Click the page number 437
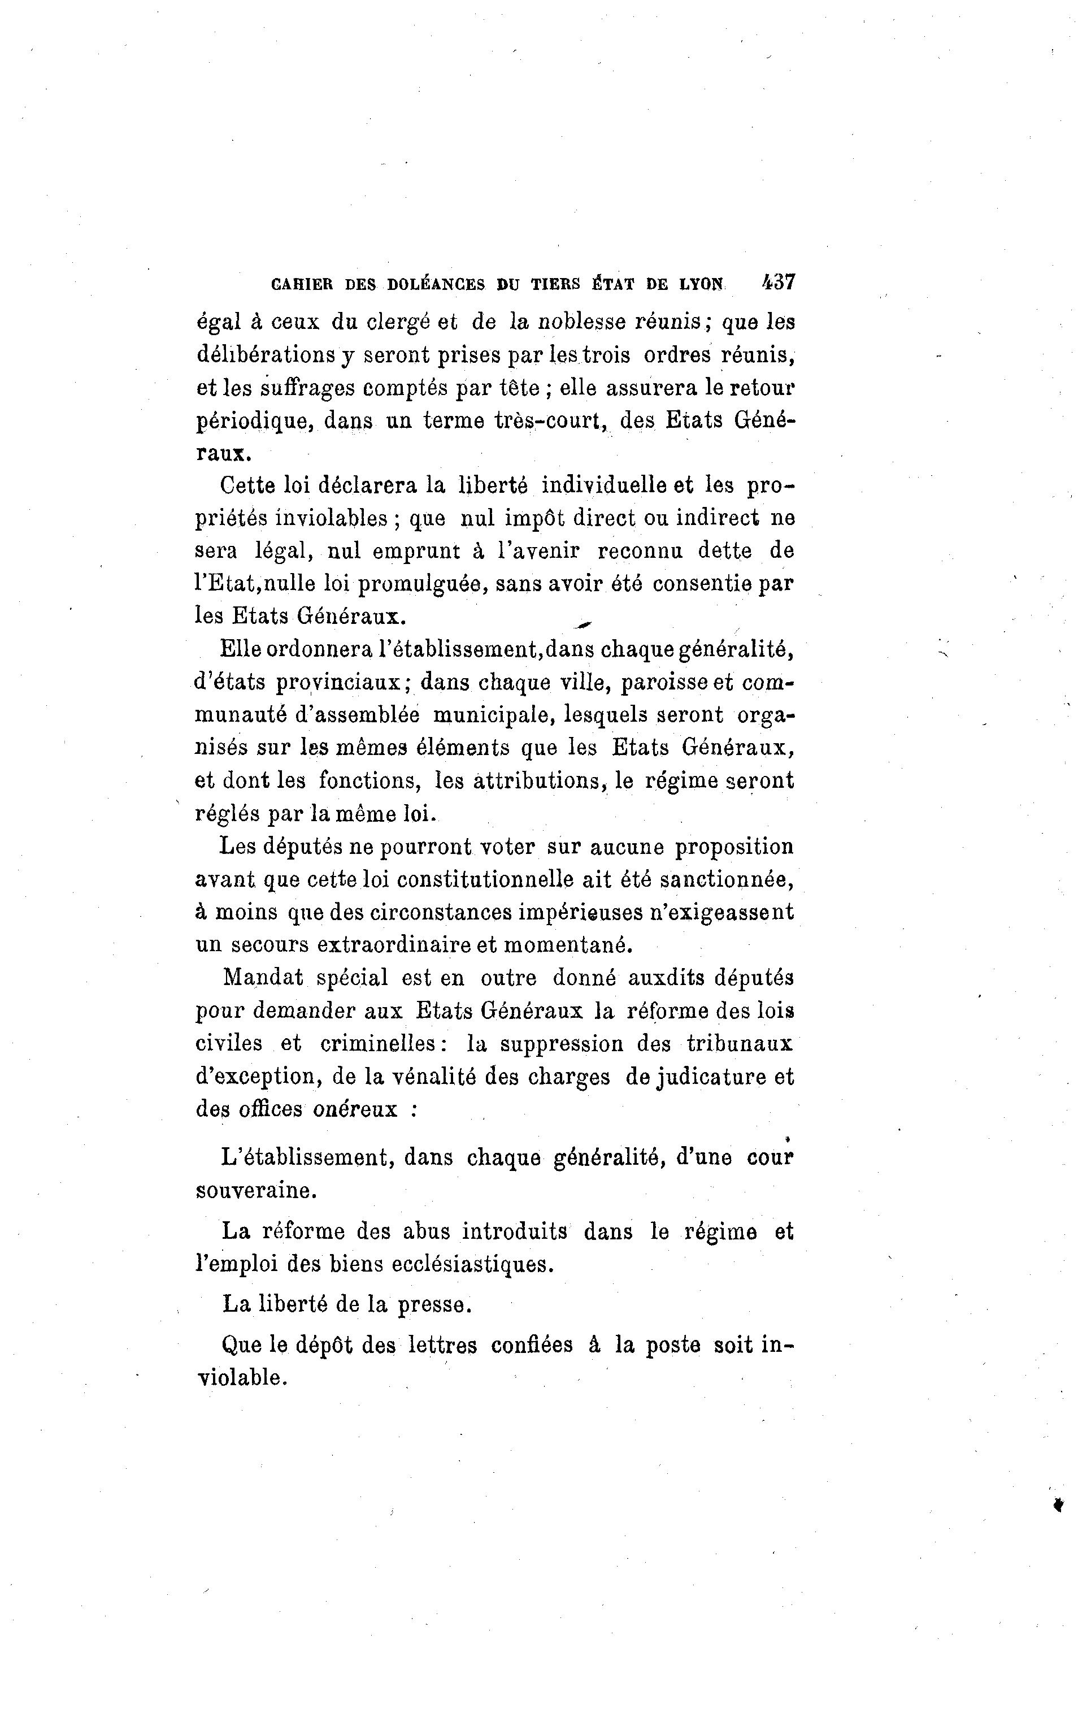[x=779, y=282]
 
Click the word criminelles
[x=379, y=1043]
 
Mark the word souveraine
[x=255, y=1191]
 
